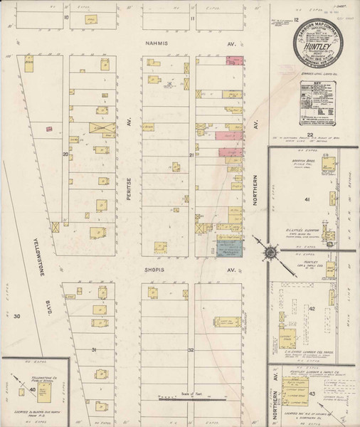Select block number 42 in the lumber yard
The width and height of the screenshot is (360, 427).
(312, 309)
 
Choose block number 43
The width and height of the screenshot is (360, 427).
(312, 393)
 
